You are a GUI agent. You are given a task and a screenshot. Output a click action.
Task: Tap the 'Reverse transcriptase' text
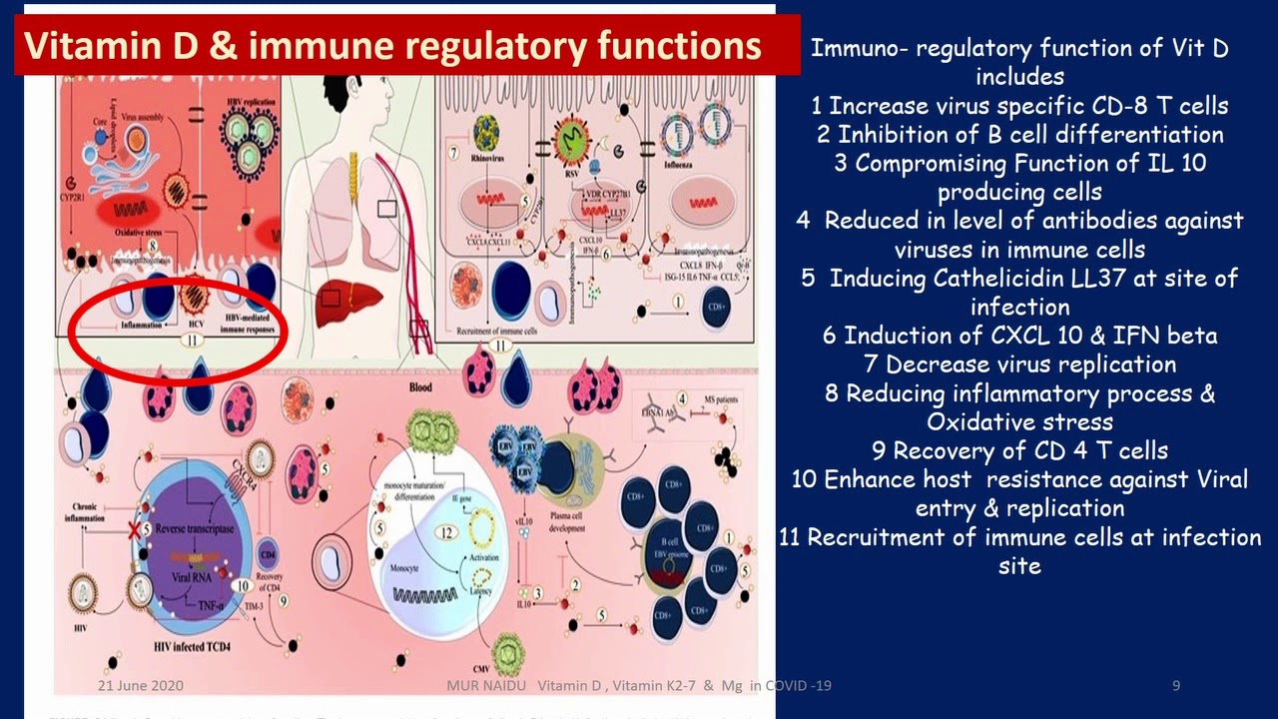click(x=195, y=528)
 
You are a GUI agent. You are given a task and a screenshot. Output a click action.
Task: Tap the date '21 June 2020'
click(x=140, y=686)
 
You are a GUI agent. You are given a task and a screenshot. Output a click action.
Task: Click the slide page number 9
click(x=1176, y=686)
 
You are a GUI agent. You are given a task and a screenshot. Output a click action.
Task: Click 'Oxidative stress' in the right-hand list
click(x=1019, y=421)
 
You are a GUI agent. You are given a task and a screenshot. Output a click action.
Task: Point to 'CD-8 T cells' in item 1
click(x=1152, y=106)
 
